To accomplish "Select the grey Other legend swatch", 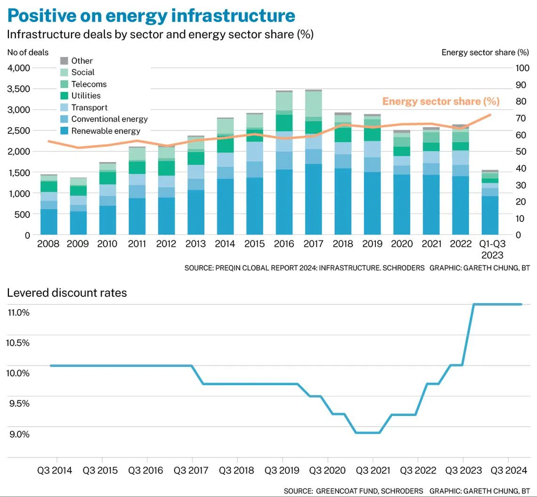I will (65, 61).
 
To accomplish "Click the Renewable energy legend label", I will (106, 131).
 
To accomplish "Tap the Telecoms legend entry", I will (89, 84).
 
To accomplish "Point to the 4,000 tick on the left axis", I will (19, 68).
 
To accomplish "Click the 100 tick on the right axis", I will (522, 68).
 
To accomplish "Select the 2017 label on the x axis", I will (313, 244).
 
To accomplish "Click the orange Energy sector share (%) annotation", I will (440, 101).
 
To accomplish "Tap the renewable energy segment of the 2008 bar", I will (49, 222).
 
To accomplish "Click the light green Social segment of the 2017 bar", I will (313, 104).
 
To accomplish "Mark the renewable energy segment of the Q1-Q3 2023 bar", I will (490, 215).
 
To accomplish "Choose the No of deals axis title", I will (28, 52).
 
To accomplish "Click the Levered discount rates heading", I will (67, 293).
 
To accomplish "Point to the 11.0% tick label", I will (17, 312).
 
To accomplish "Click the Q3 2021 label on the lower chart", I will (373, 470).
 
